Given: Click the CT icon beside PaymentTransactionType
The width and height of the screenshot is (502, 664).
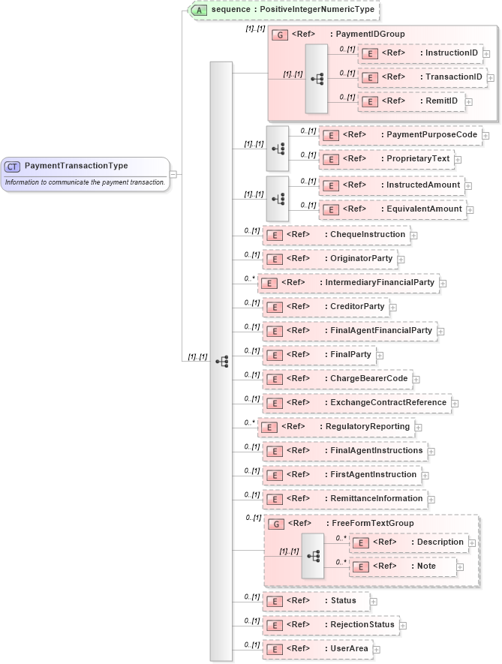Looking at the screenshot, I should click(x=13, y=166).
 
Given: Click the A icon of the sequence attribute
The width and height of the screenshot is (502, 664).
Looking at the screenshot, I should click(x=199, y=11).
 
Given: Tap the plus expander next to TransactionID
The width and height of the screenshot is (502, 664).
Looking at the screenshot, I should click(x=491, y=77).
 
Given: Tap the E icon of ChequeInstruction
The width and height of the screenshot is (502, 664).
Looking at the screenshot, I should click(x=275, y=235).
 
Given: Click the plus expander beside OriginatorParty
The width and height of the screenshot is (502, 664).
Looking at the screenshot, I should click(x=401, y=260).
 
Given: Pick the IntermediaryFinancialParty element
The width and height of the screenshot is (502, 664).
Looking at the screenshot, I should click(x=348, y=283).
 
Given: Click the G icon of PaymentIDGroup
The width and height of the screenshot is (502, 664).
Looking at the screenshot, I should click(x=280, y=35).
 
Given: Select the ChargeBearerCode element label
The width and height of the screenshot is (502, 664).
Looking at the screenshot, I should click(x=369, y=379).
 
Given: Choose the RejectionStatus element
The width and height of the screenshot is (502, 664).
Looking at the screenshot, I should click(x=330, y=624).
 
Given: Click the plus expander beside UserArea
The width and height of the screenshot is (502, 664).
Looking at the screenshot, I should click(x=377, y=649).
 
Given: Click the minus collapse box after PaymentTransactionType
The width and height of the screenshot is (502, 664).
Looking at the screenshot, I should click(x=173, y=174).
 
